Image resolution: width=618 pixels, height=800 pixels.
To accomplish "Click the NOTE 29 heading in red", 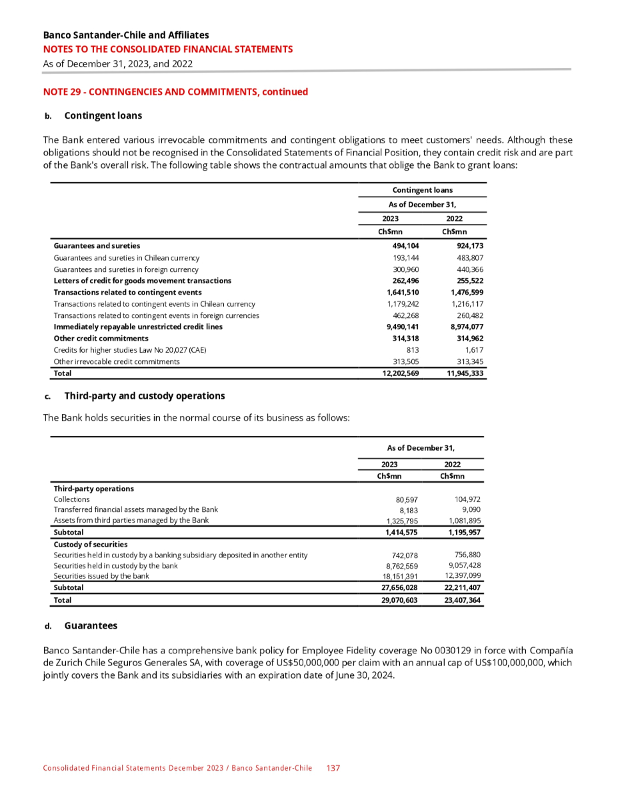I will click(175, 91).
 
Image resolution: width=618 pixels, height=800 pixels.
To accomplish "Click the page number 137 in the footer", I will click(333, 768).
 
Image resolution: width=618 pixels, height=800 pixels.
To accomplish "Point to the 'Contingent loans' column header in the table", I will click(422, 190).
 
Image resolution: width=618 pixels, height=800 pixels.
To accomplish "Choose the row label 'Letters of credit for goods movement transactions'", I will click(142, 281).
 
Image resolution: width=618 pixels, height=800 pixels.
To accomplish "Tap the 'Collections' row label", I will click(71, 499).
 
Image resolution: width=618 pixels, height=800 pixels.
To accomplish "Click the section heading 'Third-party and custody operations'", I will click(144, 396).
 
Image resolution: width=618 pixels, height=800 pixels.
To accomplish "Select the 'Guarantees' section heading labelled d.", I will click(91, 625).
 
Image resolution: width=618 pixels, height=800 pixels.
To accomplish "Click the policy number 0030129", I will click(425, 650).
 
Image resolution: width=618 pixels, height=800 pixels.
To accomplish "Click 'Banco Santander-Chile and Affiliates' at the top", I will click(125, 35).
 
